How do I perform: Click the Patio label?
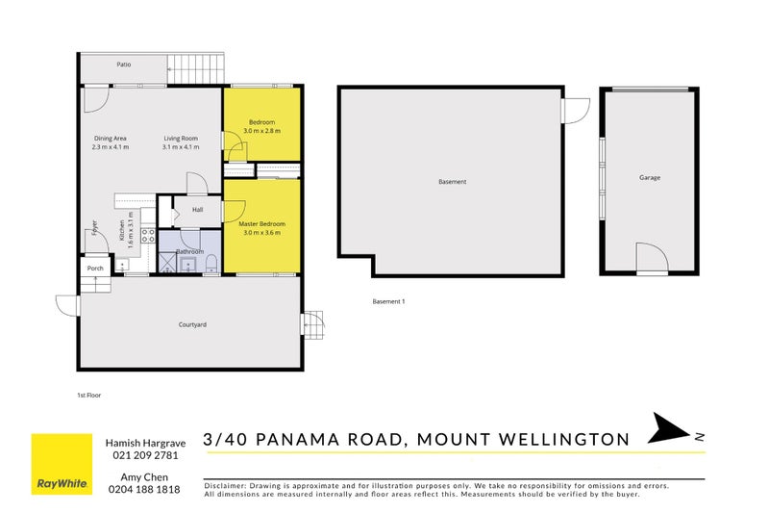pos(124,64)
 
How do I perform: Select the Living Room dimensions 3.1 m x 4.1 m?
pos(181,147)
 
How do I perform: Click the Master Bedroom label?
pos(261,223)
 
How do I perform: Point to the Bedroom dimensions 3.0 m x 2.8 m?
pos(261,131)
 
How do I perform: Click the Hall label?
pos(198,209)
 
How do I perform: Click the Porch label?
pos(95,269)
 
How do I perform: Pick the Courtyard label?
pos(192,324)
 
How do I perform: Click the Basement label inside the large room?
pos(452,181)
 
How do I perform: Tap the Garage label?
pos(650,177)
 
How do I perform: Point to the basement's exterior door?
pos(575,112)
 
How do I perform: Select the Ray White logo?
pos(62,463)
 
